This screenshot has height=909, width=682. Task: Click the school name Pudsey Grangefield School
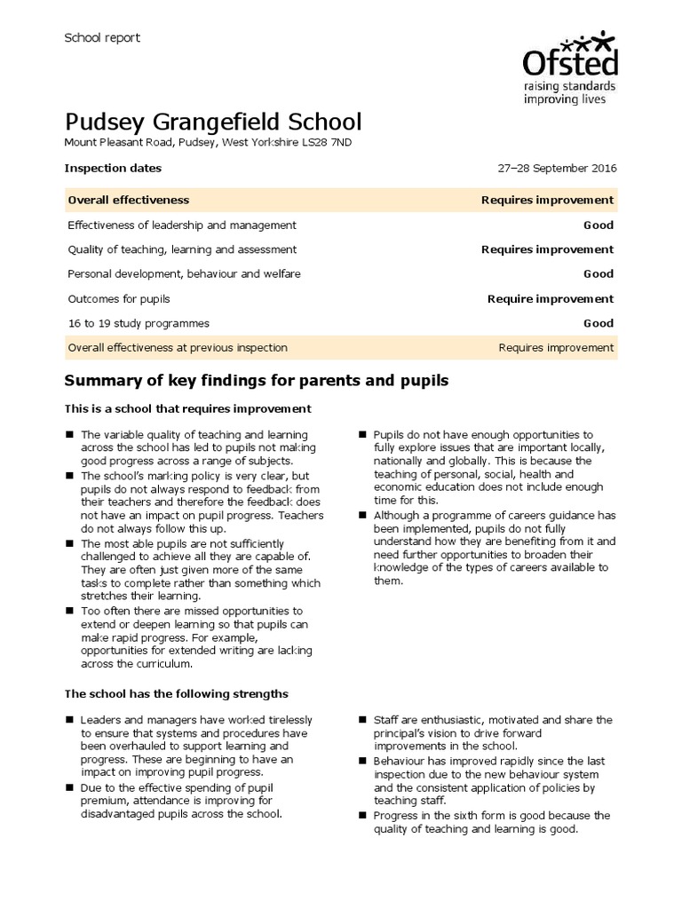click(213, 122)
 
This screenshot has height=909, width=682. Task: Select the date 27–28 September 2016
click(558, 169)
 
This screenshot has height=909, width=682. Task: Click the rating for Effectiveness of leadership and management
click(598, 225)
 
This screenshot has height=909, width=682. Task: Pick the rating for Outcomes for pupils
click(550, 299)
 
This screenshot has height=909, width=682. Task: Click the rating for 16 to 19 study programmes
click(598, 324)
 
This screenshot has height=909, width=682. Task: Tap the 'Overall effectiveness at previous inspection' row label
click(178, 348)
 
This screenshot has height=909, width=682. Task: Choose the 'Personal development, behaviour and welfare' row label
click(184, 274)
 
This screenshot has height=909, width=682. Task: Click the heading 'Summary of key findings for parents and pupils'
click(258, 381)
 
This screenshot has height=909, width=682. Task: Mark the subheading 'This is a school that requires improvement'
click(187, 409)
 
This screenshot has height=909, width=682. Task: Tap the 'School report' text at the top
click(102, 37)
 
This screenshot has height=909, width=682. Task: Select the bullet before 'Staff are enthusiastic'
click(362, 720)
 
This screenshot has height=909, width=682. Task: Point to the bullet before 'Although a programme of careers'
click(362, 516)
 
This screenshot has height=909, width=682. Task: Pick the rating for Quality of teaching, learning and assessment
click(547, 249)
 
